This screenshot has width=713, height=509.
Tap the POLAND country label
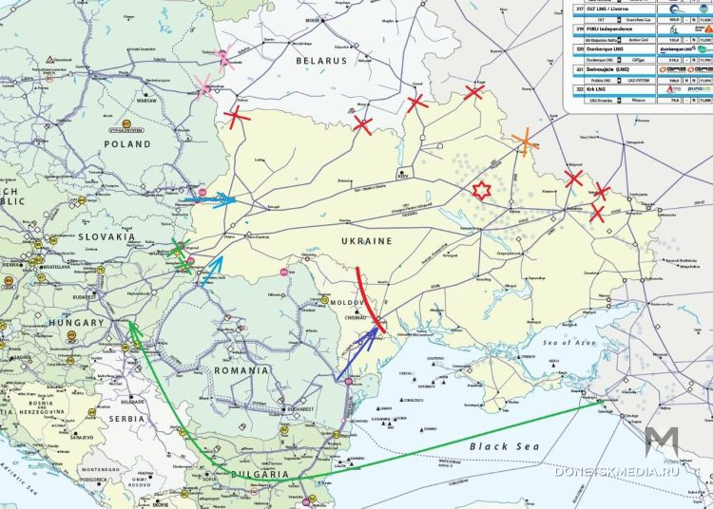pyautogui.click(x=127, y=144)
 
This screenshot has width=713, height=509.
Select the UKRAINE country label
pyautogui.click(x=364, y=241)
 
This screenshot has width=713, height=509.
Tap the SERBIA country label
pyautogui.click(x=125, y=418)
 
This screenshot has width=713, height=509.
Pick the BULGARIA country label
pyautogui.click(x=260, y=474)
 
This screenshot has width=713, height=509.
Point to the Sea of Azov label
pyautogui.click(x=567, y=341)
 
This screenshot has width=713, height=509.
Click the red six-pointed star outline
pyautogui.click(x=482, y=190)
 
